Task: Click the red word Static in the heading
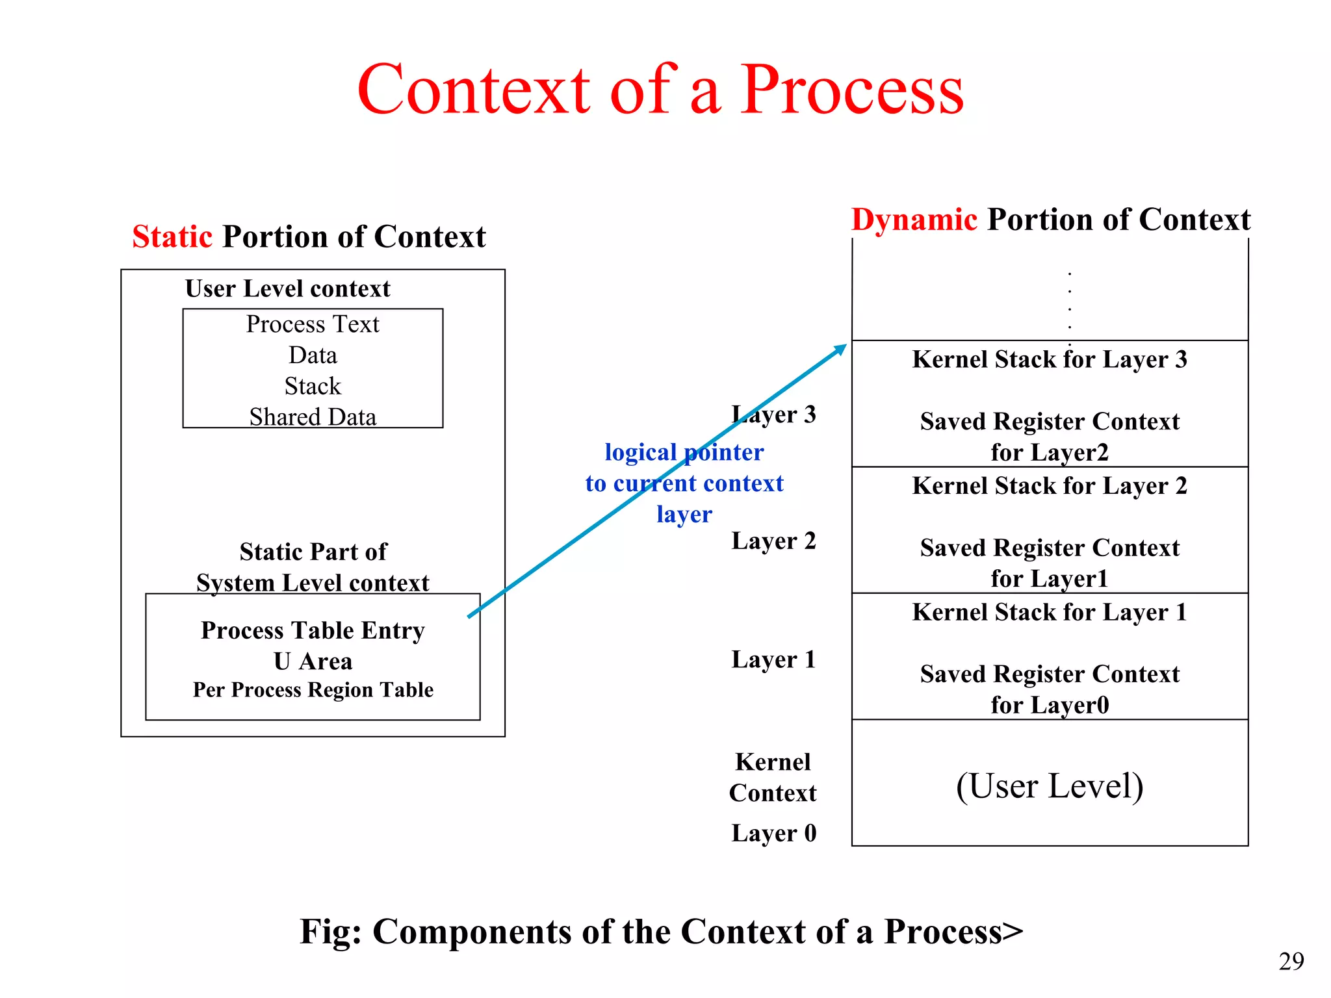[172, 237]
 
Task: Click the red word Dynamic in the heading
[914, 220]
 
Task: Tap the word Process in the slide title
[852, 90]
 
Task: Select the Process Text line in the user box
[313, 324]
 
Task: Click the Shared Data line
[313, 417]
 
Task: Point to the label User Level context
[287, 288]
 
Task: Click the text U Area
[313, 661]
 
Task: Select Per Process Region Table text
[313, 690]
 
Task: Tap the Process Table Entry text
[313, 630]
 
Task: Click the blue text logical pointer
[684, 452]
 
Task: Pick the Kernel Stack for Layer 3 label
[1049, 359]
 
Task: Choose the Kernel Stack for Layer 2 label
[1049, 486]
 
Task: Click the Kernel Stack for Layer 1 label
[1049, 612]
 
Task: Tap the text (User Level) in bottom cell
[1049, 786]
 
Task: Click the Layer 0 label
[773, 833]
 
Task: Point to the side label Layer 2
[773, 541]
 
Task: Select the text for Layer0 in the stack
[1049, 705]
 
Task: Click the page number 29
[1291, 961]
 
